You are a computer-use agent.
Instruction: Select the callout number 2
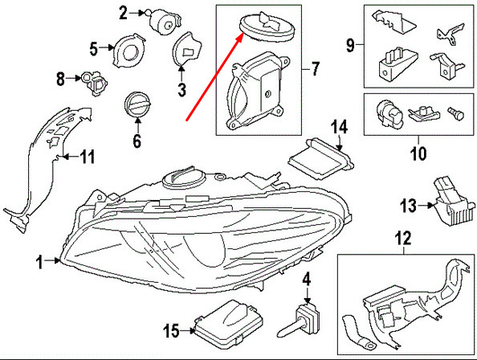(x=124, y=11)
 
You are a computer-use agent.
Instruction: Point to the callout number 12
(x=402, y=237)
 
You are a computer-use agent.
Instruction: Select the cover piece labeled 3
(x=187, y=53)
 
